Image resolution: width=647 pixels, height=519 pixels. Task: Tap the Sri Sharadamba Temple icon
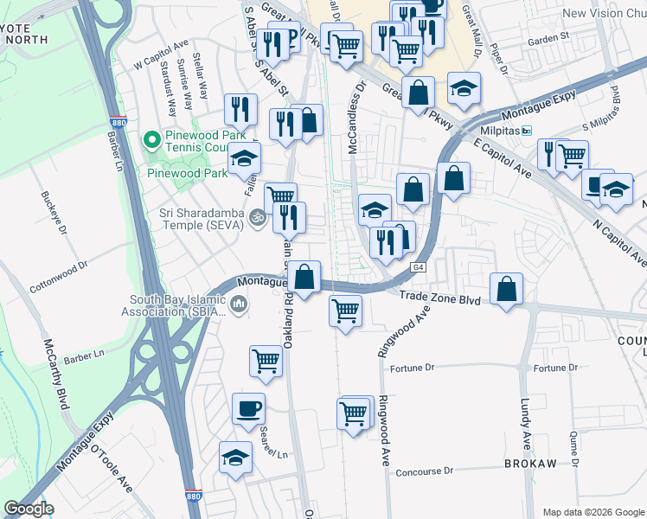point(256,216)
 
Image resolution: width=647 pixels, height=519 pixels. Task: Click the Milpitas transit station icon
point(525,131)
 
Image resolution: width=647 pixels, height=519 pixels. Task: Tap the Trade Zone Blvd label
point(439,298)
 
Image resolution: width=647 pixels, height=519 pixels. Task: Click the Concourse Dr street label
point(425,472)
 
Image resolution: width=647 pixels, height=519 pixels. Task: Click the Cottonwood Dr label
point(61,267)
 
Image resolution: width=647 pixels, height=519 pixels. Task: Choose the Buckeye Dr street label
point(47,208)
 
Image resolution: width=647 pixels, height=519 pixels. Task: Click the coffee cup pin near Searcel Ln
point(249,408)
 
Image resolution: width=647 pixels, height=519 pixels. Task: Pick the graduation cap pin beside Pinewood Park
point(244,159)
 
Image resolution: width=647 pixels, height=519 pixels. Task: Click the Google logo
point(29,509)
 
